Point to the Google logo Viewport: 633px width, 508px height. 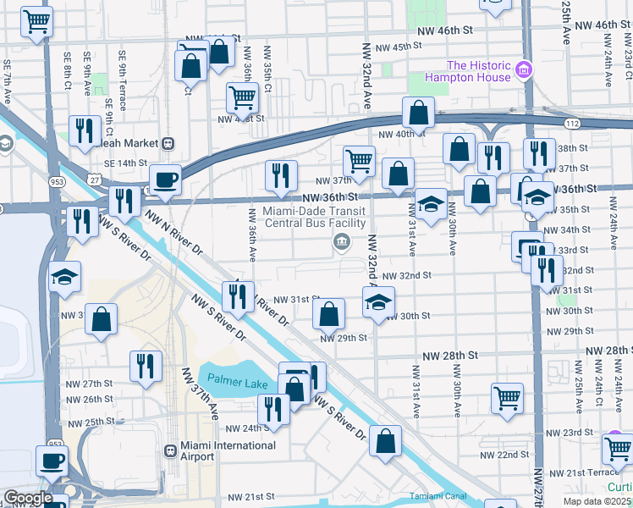pos(28,499)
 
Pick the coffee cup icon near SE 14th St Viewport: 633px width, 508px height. pos(165,179)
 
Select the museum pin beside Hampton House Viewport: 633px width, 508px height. pos(525,69)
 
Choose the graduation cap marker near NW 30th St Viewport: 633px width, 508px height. pos(378,301)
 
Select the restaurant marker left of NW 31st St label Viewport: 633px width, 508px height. pos(238,295)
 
